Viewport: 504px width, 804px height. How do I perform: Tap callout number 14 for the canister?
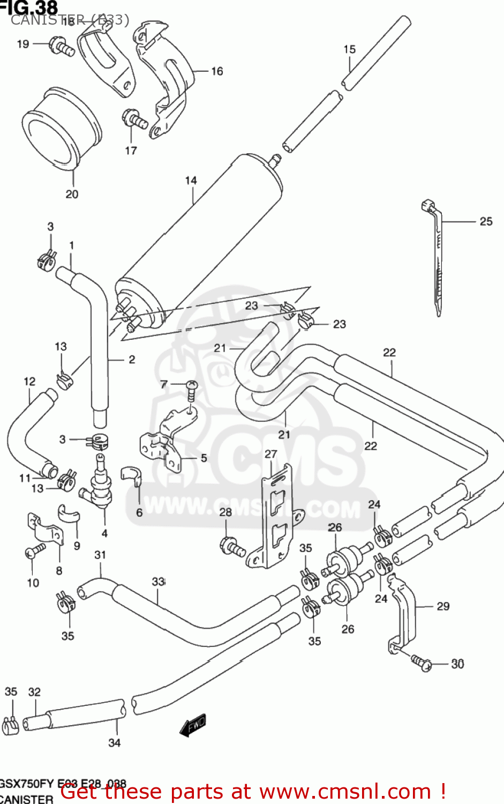click(191, 181)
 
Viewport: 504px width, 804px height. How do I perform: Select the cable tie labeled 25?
click(437, 257)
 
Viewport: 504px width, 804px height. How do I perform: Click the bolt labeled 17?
click(134, 120)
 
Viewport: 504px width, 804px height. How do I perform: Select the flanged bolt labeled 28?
click(232, 547)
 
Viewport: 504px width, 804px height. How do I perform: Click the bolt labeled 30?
click(421, 661)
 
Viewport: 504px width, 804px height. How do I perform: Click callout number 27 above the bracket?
click(271, 454)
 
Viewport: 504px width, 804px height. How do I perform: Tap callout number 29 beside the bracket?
click(443, 606)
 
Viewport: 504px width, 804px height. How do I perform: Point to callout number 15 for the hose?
click(349, 49)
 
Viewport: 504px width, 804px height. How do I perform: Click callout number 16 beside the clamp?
click(217, 71)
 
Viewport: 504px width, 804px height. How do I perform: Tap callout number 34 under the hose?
click(115, 742)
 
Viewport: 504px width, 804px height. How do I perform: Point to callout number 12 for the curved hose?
click(29, 381)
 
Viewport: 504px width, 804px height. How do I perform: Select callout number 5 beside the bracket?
click(204, 458)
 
